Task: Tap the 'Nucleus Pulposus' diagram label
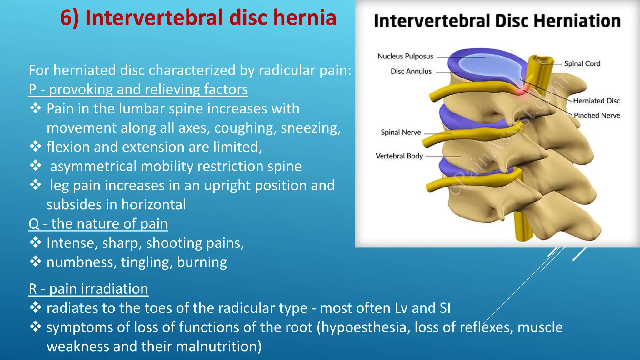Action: point(405,56)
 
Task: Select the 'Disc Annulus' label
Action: point(411,72)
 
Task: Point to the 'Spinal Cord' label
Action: point(582,64)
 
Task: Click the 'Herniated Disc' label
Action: point(596,101)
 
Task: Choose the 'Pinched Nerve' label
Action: point(597,115)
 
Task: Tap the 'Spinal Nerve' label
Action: point(401,132)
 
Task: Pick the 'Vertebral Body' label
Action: point(399,156)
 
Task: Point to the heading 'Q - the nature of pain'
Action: point(98,224)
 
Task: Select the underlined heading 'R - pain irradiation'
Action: point(88,289)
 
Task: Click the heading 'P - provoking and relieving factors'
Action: point(138,90)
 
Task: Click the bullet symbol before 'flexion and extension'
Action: point(36,147)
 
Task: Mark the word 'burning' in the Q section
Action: point(202,262)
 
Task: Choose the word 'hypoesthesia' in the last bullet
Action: point(364,327)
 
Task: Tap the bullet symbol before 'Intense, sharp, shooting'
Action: point(36,243)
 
